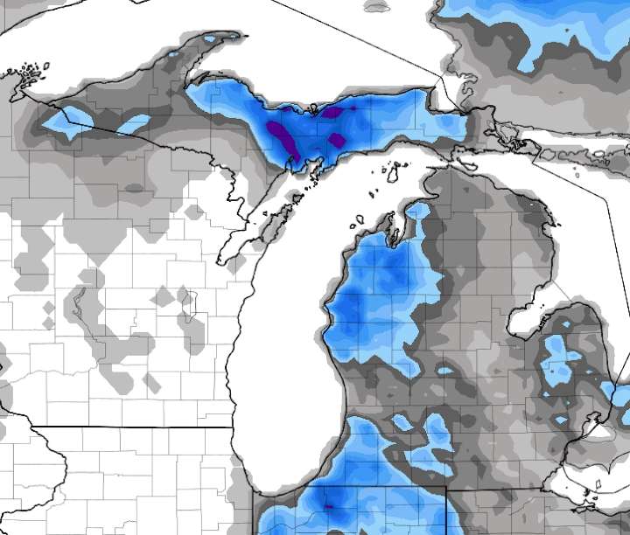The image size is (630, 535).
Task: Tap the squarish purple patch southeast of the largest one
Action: coord(338,141)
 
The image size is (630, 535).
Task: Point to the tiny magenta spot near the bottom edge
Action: coord(330,506)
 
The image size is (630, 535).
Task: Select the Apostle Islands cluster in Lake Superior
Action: coord(33,69)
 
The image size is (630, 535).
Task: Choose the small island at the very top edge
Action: coord(376,6)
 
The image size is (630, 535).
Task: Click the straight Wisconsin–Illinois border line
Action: coord(131,427)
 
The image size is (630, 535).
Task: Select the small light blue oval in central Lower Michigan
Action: coord(444,372)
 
